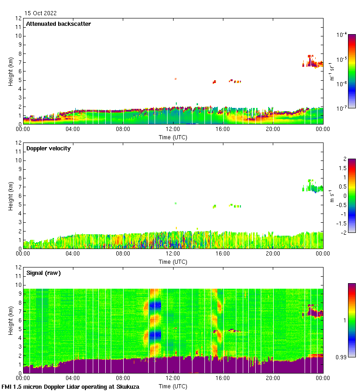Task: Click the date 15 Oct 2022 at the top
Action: (41, 13)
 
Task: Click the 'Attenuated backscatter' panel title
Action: (58, 24)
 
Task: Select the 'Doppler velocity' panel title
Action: (48, 148)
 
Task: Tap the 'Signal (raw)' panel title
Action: (43, 273)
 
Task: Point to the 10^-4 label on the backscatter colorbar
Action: (342, 35)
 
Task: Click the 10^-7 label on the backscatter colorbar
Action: (342, 108)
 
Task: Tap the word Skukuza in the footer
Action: (126, 387)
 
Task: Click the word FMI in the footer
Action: (7, 387)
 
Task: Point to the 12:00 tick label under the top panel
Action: (173, 130)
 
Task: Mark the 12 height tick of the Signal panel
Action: (19, 267)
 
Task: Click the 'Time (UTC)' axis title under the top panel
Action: (173, 137)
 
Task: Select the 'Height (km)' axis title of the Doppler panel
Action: (11, 196)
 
